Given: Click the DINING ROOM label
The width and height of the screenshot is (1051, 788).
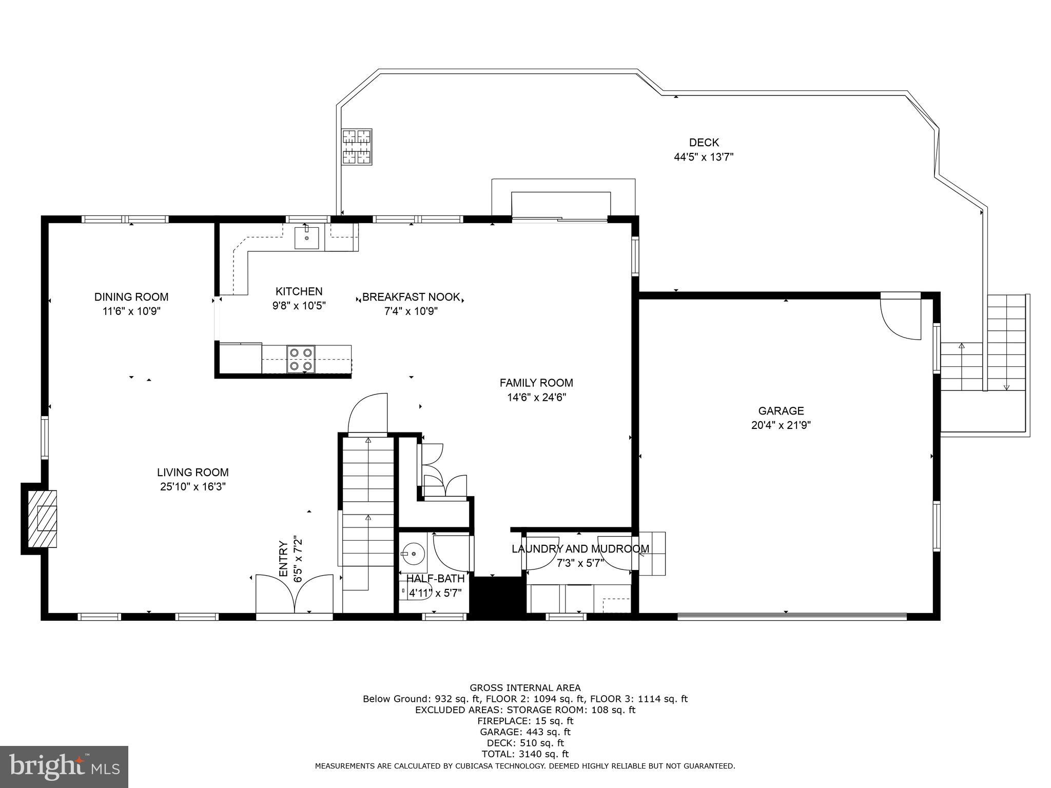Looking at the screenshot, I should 131,297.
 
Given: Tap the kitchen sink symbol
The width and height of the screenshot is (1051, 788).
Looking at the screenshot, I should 306,238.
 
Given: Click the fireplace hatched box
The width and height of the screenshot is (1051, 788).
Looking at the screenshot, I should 42,519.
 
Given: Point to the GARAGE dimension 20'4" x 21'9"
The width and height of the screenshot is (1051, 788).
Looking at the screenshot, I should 781,425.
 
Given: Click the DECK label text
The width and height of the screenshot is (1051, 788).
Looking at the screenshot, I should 704,143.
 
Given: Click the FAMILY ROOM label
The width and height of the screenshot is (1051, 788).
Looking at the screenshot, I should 536,383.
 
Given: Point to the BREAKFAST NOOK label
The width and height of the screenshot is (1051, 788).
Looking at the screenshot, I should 411,297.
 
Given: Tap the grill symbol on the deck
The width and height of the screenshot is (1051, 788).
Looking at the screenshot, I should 357,147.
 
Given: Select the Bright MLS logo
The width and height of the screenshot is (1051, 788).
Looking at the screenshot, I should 64,767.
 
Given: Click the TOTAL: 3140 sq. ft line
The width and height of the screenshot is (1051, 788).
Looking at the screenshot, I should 524,754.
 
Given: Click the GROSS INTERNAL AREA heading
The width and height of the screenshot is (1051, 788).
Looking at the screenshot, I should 524,688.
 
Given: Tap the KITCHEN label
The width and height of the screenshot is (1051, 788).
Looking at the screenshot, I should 299,291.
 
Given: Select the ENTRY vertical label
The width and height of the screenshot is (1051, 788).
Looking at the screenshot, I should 283,559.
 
